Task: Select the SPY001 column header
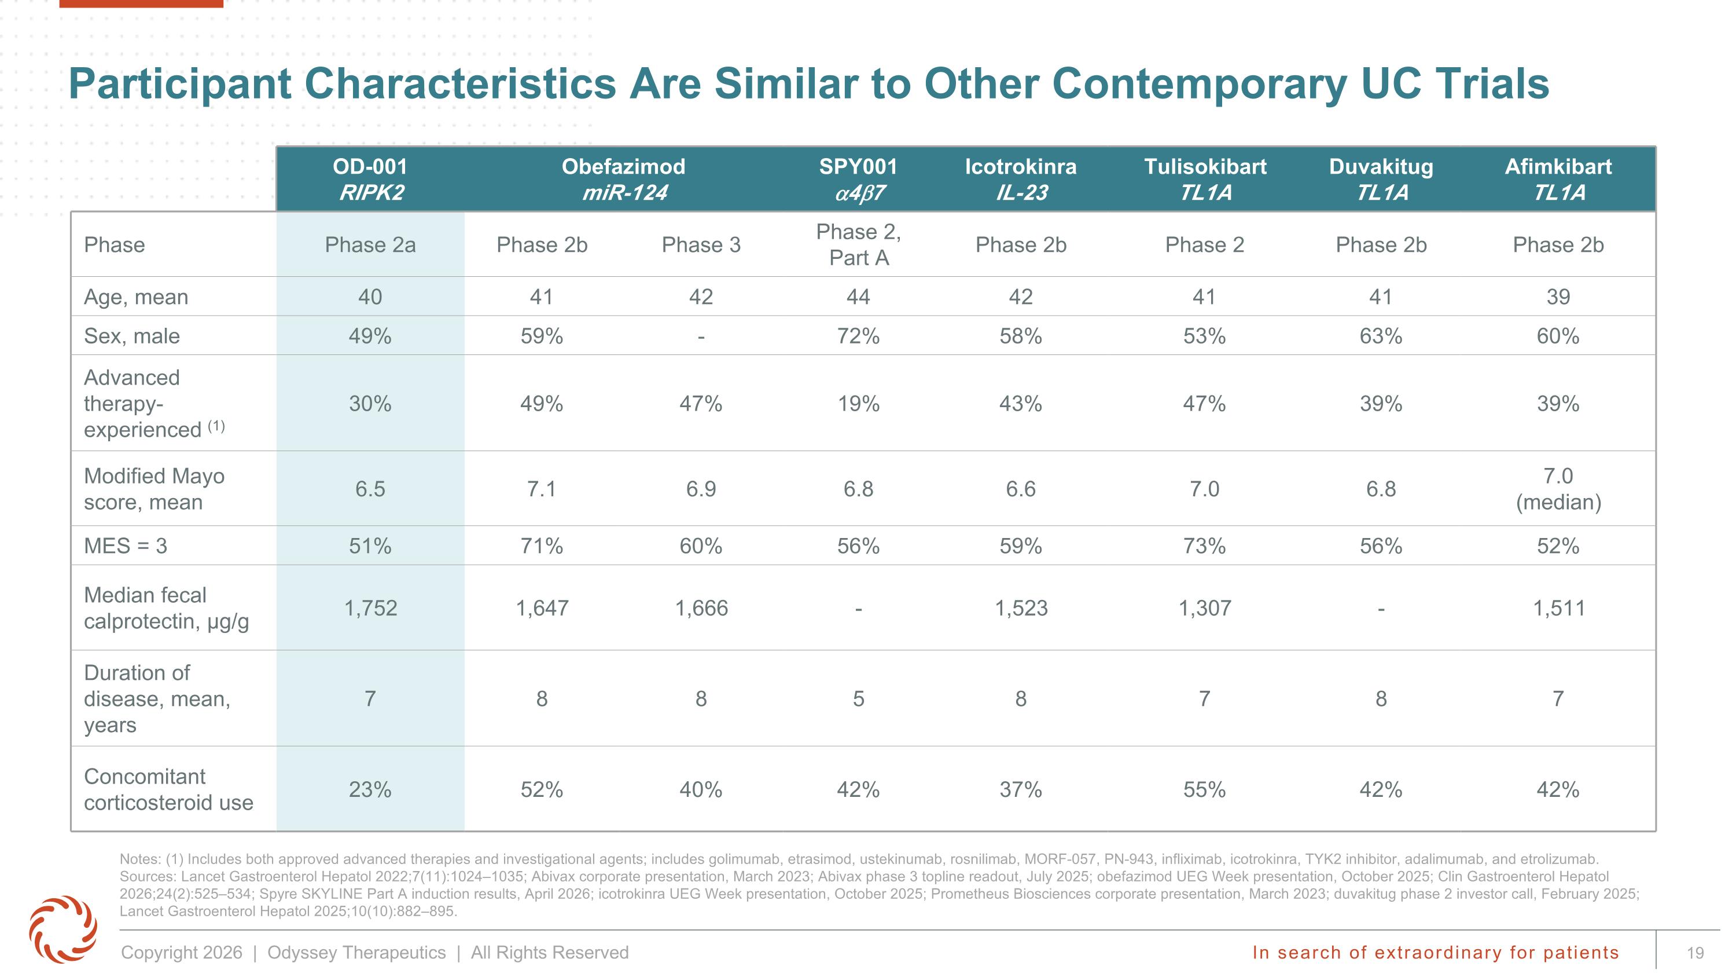pos(858,180)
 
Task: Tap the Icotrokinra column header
pos(1020,180)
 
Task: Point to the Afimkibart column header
pos(1558,180)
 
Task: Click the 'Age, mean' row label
pos(136,297)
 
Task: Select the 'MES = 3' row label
pos(126,546)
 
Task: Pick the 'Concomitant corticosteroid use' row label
pos(168,789)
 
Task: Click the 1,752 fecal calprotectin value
pos(371,608)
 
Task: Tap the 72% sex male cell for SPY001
pos(858,336)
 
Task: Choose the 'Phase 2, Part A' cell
pos(859,245)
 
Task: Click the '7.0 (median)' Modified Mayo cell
pos(1558,489)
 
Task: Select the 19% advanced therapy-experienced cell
pos(858,404)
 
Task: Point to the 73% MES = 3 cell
pos(1204,546)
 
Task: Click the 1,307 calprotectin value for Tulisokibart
pos(1205,608)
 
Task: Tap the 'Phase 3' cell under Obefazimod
pos(701,245)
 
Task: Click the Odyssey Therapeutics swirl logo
pos(62,928)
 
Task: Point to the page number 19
pos(1695,953)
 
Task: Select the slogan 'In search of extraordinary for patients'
pos(1436,952)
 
